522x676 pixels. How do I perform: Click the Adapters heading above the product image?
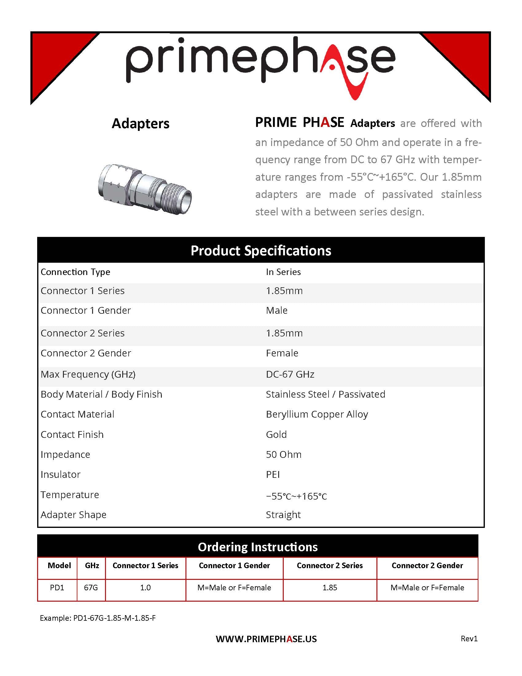tap(140, 124)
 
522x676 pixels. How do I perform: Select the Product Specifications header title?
tap(261, 250)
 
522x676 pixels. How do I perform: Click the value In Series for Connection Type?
tap(283, 272)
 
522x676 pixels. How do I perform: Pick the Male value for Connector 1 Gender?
tap(276, 310)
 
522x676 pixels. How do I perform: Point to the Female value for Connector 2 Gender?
tap(282, 353)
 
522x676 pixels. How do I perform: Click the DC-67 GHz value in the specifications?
tap(290, 374)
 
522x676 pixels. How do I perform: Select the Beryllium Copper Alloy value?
tap(317, 414)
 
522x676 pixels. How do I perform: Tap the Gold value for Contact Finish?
tap(276, 434)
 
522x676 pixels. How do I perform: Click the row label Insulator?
tap(60, 474)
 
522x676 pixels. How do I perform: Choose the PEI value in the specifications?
tap(273, 474)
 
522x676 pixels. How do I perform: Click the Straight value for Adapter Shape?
tap(283, 514)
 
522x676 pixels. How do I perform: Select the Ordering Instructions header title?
tap(258, 547)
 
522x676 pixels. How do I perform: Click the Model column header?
tap(59, 565)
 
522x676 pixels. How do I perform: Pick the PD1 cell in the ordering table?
tap(57, 588)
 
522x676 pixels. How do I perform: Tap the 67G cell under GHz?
tap(91, 588)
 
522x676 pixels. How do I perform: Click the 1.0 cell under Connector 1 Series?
tap(145, 588)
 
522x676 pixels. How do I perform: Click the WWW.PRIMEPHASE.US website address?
tap(266, 639)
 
